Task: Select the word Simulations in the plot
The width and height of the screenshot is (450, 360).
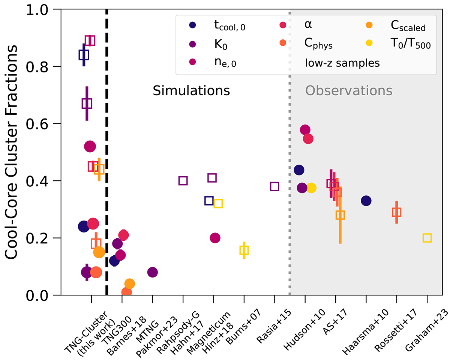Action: [191, 91]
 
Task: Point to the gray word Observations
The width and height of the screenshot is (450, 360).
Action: [349, 91]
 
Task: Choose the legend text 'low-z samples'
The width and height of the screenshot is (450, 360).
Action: [342, 63]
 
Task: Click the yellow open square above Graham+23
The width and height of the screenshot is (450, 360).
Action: [427, 238]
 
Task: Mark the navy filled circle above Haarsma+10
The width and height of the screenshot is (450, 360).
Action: [366, 201]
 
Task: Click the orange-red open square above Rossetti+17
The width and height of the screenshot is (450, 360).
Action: [397, 212]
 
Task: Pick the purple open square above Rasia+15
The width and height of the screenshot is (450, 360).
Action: [274, 186]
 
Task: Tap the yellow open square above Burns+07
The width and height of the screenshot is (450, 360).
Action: [244, 250]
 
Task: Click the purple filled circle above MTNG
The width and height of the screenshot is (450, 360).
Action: [153, 272]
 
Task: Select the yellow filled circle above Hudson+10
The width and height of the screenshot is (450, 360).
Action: [311, 188]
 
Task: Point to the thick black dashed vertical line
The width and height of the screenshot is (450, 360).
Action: [107, 150]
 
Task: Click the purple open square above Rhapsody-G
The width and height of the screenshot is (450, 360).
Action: [183, 181]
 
